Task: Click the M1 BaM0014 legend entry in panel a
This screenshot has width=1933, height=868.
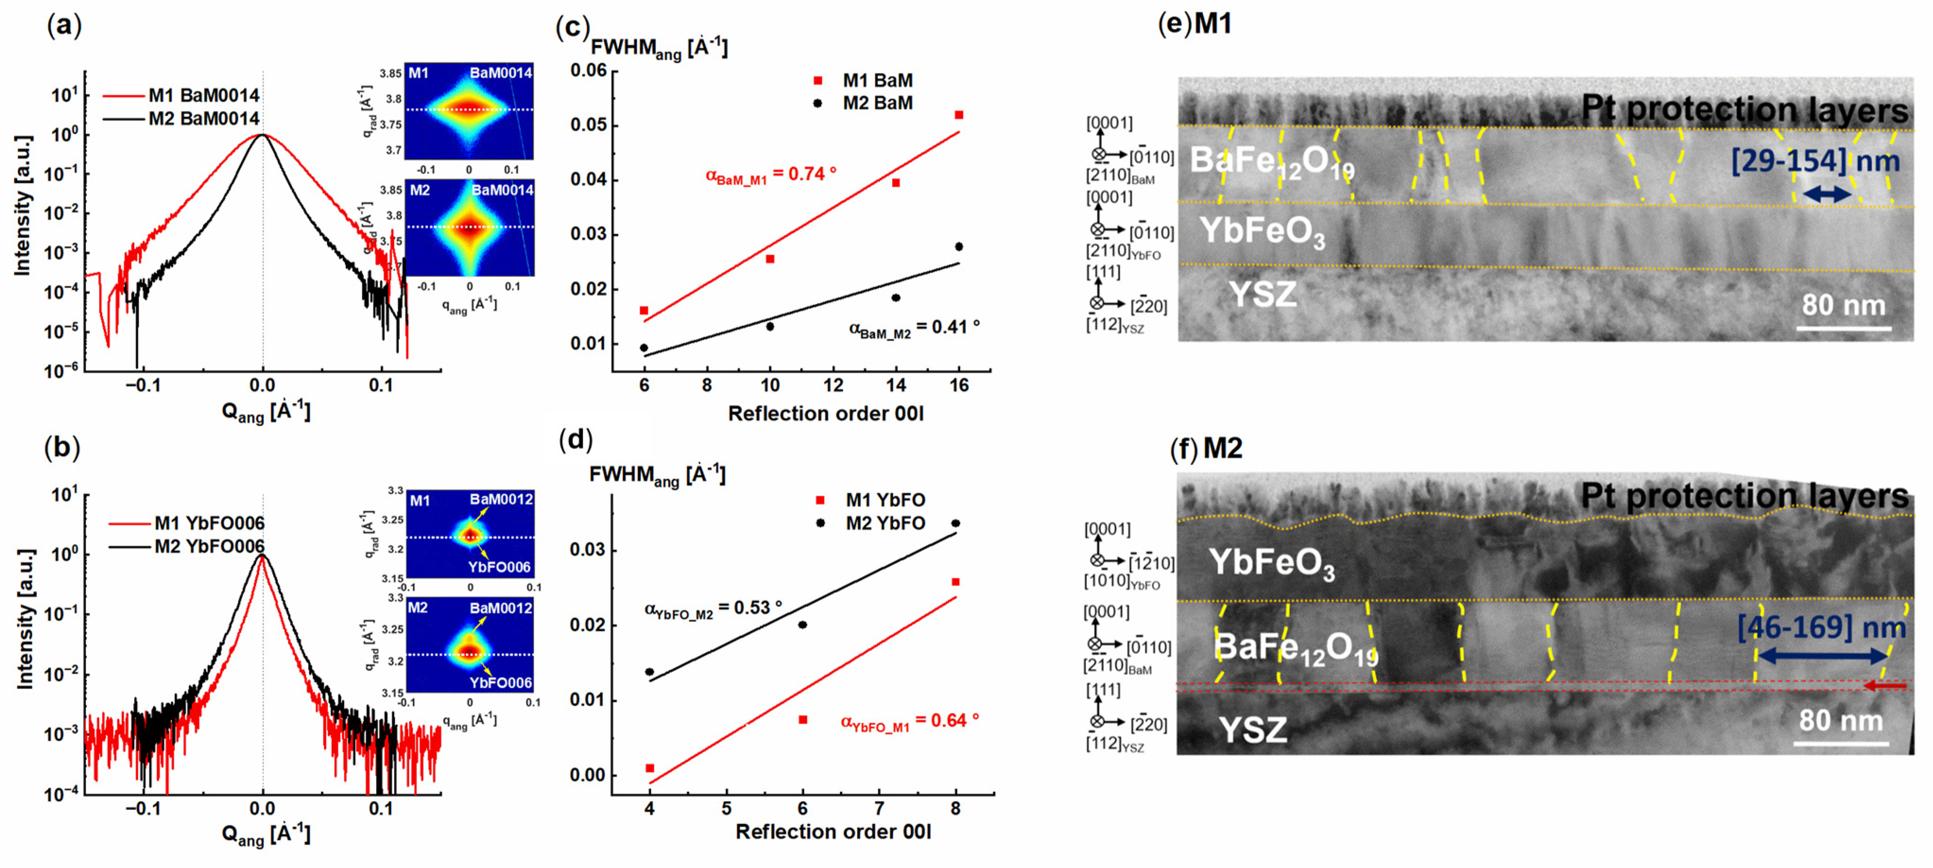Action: [203, 95]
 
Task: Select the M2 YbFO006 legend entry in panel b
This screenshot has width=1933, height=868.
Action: [208, 546]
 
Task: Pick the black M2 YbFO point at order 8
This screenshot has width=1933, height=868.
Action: [955, 523]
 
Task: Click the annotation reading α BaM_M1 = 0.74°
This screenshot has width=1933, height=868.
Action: [771, 175]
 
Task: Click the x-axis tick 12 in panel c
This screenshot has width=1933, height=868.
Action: [833, 386]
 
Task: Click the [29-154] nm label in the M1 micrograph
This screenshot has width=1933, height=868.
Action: [1814, 161]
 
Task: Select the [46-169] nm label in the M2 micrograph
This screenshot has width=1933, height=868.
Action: [1821, 627]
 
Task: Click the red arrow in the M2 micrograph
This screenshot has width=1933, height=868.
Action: [1885, 686]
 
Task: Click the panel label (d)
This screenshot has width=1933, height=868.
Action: [576, 439]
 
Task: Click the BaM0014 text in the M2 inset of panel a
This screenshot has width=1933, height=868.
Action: [501, 190]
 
